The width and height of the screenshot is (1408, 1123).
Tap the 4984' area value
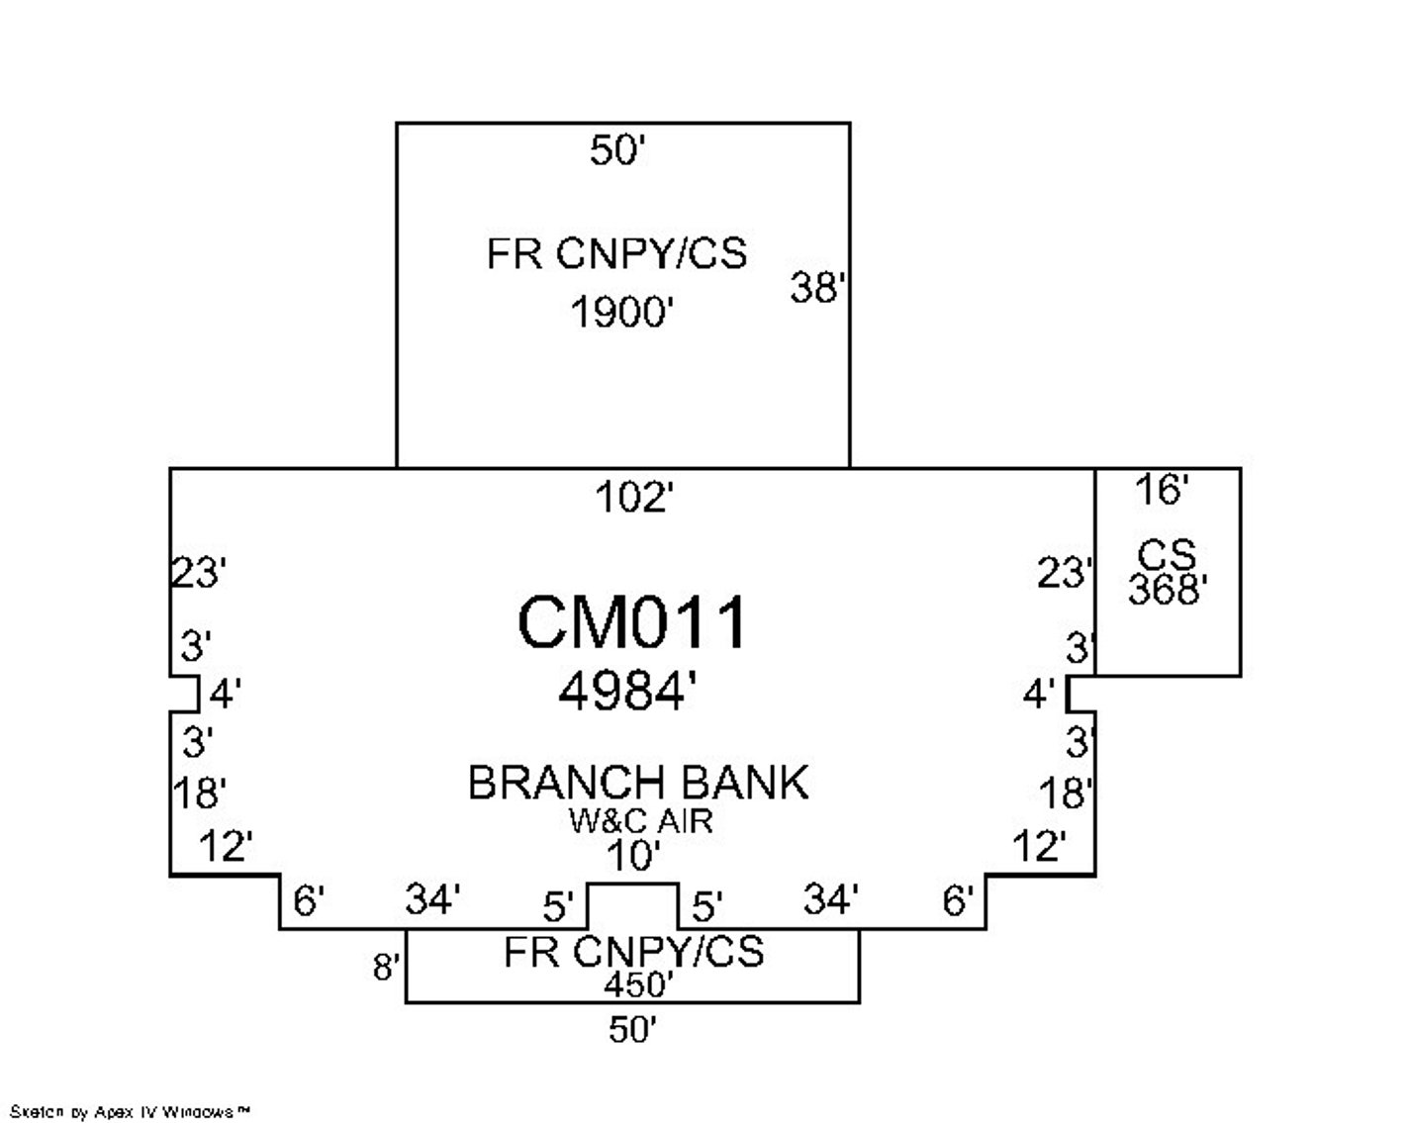621,692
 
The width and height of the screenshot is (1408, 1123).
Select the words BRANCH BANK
637,783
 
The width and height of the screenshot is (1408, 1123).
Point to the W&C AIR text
640,820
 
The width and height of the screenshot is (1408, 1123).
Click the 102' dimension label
633,498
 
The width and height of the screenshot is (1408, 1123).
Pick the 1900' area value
621,314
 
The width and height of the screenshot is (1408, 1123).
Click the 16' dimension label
1161,490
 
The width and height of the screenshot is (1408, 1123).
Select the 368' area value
1168,590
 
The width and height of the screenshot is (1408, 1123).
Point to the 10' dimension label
633,854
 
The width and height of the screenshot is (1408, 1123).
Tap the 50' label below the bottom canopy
633,1031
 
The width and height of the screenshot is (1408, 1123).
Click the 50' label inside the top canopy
618,151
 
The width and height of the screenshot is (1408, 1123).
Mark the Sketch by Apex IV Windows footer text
130,1112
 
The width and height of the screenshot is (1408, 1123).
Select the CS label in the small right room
1167,554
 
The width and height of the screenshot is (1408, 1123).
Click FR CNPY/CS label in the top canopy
616,254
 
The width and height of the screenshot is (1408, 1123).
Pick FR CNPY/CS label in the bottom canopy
633,952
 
